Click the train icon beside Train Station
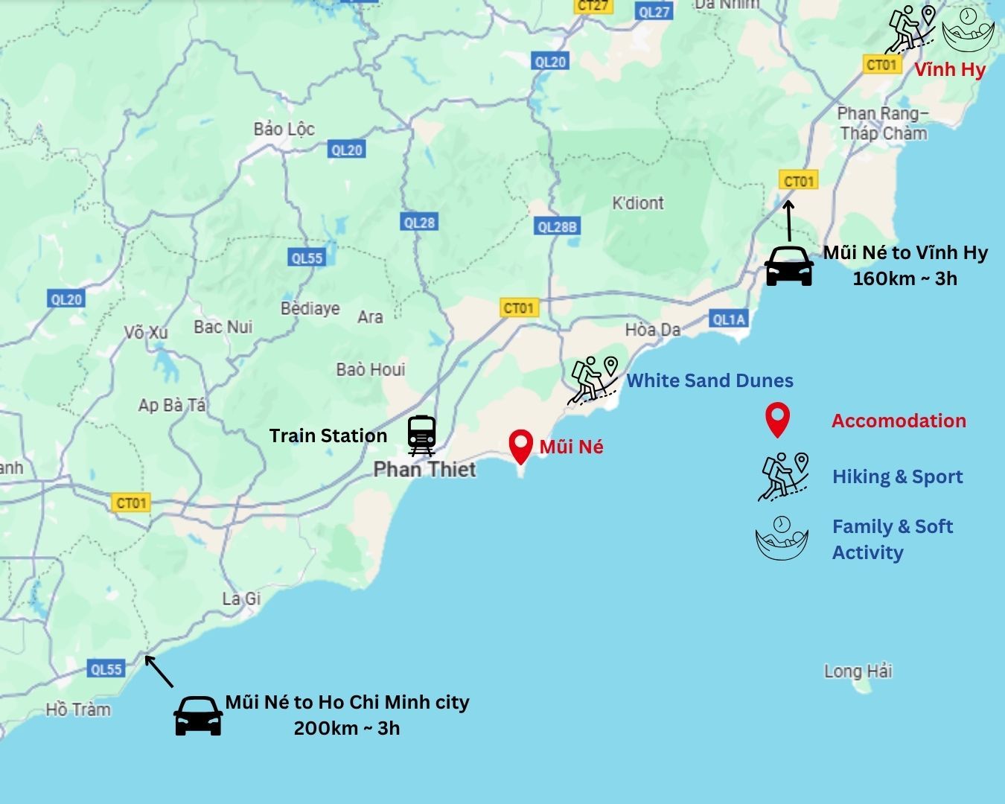click(x=421, y=435)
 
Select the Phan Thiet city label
click(x=424, y=469)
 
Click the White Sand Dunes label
click(x=709, y=380)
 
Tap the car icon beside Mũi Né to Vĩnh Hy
click(x=789, y=266)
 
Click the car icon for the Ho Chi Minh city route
click(x=198, y=715)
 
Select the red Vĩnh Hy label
click(x=950, y=70)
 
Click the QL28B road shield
click(x=557, y=227)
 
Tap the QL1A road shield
click(x=728, y=319)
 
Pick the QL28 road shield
click(x=419, y=222)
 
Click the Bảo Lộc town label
click(x=284, y=129)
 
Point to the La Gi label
click(x=241, y=599)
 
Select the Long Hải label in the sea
click(x=858, y=671)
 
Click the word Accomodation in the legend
click(x=899, y=421)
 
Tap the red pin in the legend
click(x=777, y=420)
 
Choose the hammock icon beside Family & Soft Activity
click(x=782, y=537)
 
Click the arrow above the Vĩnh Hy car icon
click(x=789, y=219)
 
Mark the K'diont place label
click(x=637, y=203)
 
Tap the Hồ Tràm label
click(x=78, y=709)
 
